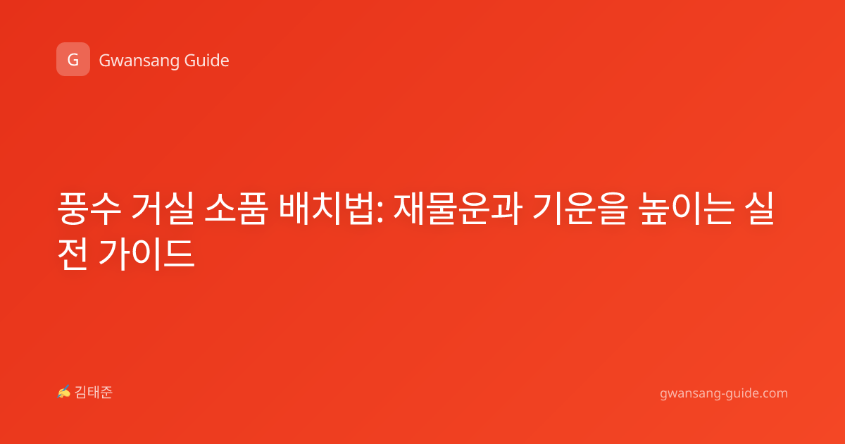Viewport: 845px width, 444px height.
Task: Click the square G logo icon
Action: tap(73, 59)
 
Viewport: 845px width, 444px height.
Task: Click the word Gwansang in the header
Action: tap(139, 61)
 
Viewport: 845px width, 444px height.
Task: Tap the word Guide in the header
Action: tap(207, 61)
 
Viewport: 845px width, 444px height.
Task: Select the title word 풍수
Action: tap(89, 209)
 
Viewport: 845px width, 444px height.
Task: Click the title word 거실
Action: tap(163, 209)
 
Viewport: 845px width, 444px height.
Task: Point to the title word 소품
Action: tap(236, 209)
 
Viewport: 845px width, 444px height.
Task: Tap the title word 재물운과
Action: tap(458, 209)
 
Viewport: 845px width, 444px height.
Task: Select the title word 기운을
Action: tap(580, 209)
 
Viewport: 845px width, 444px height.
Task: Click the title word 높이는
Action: tap(687, 209)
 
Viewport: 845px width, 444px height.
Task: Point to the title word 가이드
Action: tap(146, 254)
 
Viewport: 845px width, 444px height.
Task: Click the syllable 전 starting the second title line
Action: tap(73, 254)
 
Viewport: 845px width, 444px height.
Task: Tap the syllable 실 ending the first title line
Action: tap(759, 209)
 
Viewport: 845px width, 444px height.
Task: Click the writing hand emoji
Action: tap(64, 392)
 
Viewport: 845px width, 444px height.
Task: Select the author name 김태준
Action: tap(94, 393)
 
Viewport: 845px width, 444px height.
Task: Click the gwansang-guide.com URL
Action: tap(724, 393)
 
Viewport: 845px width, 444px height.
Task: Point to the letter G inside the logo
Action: tap(73, 60)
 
